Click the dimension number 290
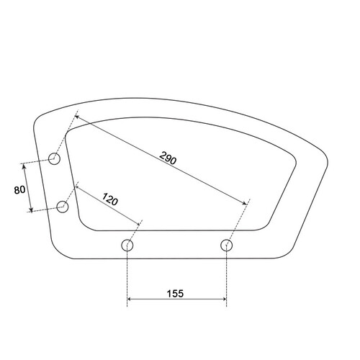168,158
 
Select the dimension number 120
110,199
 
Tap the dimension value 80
19,190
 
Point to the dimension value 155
175,293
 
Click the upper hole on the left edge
54,158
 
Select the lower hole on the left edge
63,207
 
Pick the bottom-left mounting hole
127,245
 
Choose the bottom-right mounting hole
226,245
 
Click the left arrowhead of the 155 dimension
129,299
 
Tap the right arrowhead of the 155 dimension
225,299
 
